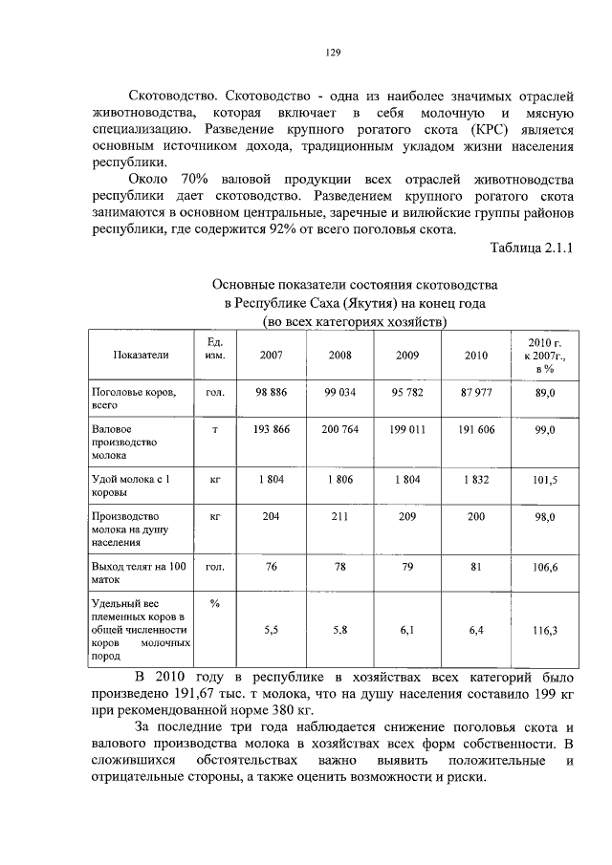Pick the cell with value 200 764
(x=339, y=430)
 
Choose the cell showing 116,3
(x=545, y=631)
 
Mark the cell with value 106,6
(x=545, y=568)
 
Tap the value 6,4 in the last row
(x=475, y=631)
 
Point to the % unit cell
(x=215, y=603)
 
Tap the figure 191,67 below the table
(x=206, y=694)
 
